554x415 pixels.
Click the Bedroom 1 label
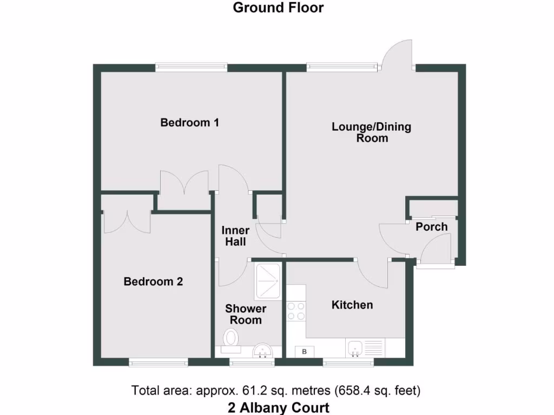[189, 123]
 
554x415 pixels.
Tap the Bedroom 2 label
[153, 282]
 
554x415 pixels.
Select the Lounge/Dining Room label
[371, 132]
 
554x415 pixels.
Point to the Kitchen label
[352, 305]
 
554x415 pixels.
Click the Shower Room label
[246, 314]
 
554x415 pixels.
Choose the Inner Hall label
[236, 236]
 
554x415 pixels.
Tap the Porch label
[432, 226]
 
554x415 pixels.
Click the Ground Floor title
[278, 8]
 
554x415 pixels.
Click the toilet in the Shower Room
[232, 339]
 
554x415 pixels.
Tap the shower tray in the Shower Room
[268, 281]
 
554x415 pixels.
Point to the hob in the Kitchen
[296, 311]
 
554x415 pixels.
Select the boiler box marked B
[304, 352]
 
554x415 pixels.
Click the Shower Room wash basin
[263, 350]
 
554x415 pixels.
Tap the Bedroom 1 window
[191, 67]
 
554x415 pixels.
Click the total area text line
[276, 390]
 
